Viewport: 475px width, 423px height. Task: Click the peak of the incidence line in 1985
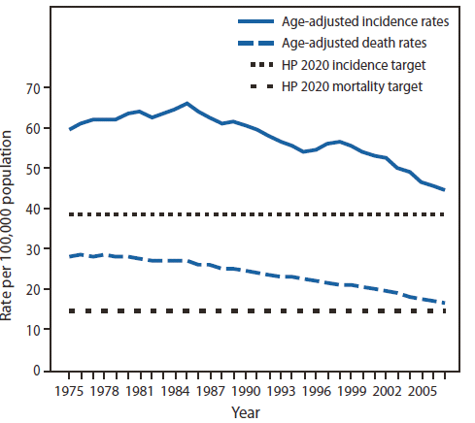(187, 103)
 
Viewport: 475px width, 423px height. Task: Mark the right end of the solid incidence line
(445, 190)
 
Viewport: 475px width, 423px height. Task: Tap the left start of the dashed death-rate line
(71, 256)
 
